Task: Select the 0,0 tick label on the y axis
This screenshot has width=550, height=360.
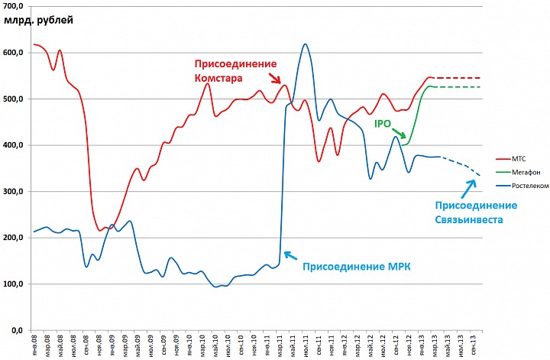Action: pyautogui.click(x=17, y=330)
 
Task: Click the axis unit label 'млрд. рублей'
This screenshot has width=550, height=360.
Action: pyautogui.click(x=38, y=20)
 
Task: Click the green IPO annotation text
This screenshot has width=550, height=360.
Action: pyautogui.click(x=384, y=122)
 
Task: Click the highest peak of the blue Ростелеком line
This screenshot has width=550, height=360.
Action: pyautogui.click(x=305, y=44)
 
